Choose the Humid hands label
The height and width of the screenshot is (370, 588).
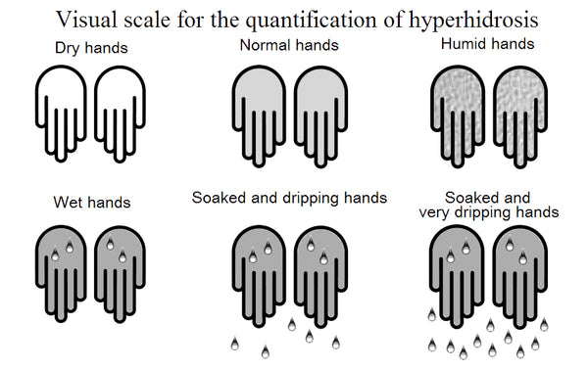(x=488, y=43)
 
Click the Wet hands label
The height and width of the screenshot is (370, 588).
(x=92, y=203)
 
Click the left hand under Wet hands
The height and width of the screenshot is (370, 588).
(x=63, y=264)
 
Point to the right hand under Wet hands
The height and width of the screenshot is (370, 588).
(x=123, y=264)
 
